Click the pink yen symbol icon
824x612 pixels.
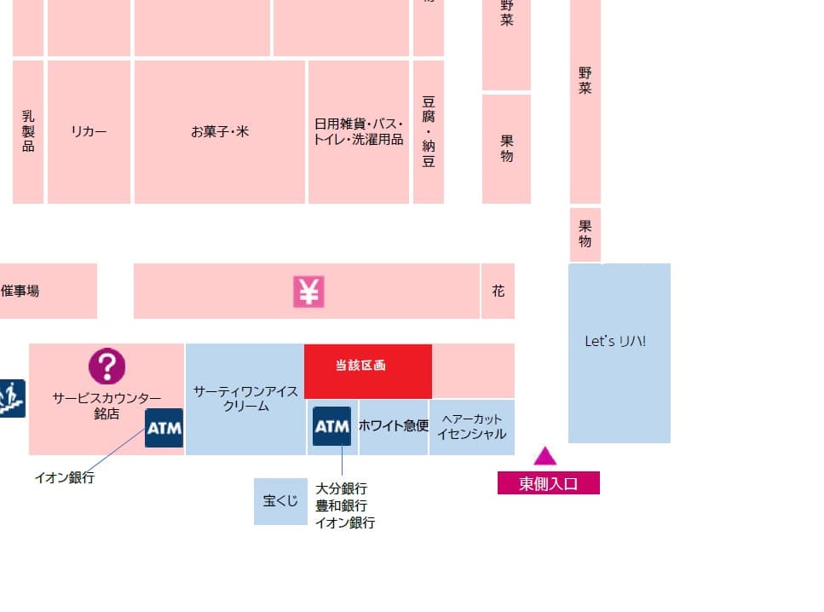tap(308, 292)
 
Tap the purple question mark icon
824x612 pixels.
tap(107, 367)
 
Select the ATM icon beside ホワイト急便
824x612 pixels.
tap(331, 426)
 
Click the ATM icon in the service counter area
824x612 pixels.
tap(164, 428)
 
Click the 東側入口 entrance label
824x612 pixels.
tap(549, 483)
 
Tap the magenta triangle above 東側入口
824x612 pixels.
tap(545, 456)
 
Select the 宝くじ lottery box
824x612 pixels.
tap(280, 501)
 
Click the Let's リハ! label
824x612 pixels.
tap(615, 341)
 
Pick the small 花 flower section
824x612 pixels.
tap(498, 292)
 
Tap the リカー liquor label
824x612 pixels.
tap(89, 132)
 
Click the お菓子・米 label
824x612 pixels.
tap(220, 132)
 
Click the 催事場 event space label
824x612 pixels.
tap(20, 291)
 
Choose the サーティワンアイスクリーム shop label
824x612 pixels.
tap(245, 399)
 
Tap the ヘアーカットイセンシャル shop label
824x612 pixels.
tap(471, 426)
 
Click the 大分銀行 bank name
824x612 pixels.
tap(342, 488)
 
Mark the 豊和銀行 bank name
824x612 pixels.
tap(342, 505)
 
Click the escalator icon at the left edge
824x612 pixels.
tap(11, 398)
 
